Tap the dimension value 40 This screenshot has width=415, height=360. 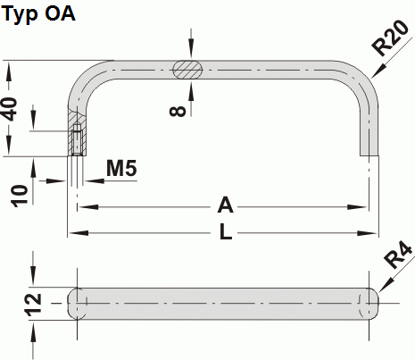coord(10,113)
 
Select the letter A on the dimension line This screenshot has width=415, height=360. coord(226,206)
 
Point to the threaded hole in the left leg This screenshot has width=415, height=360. coord(78,141)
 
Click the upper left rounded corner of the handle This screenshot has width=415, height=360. coord(87,78)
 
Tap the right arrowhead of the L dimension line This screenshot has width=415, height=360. coord(375,234)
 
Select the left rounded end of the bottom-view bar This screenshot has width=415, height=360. coord(75,303)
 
